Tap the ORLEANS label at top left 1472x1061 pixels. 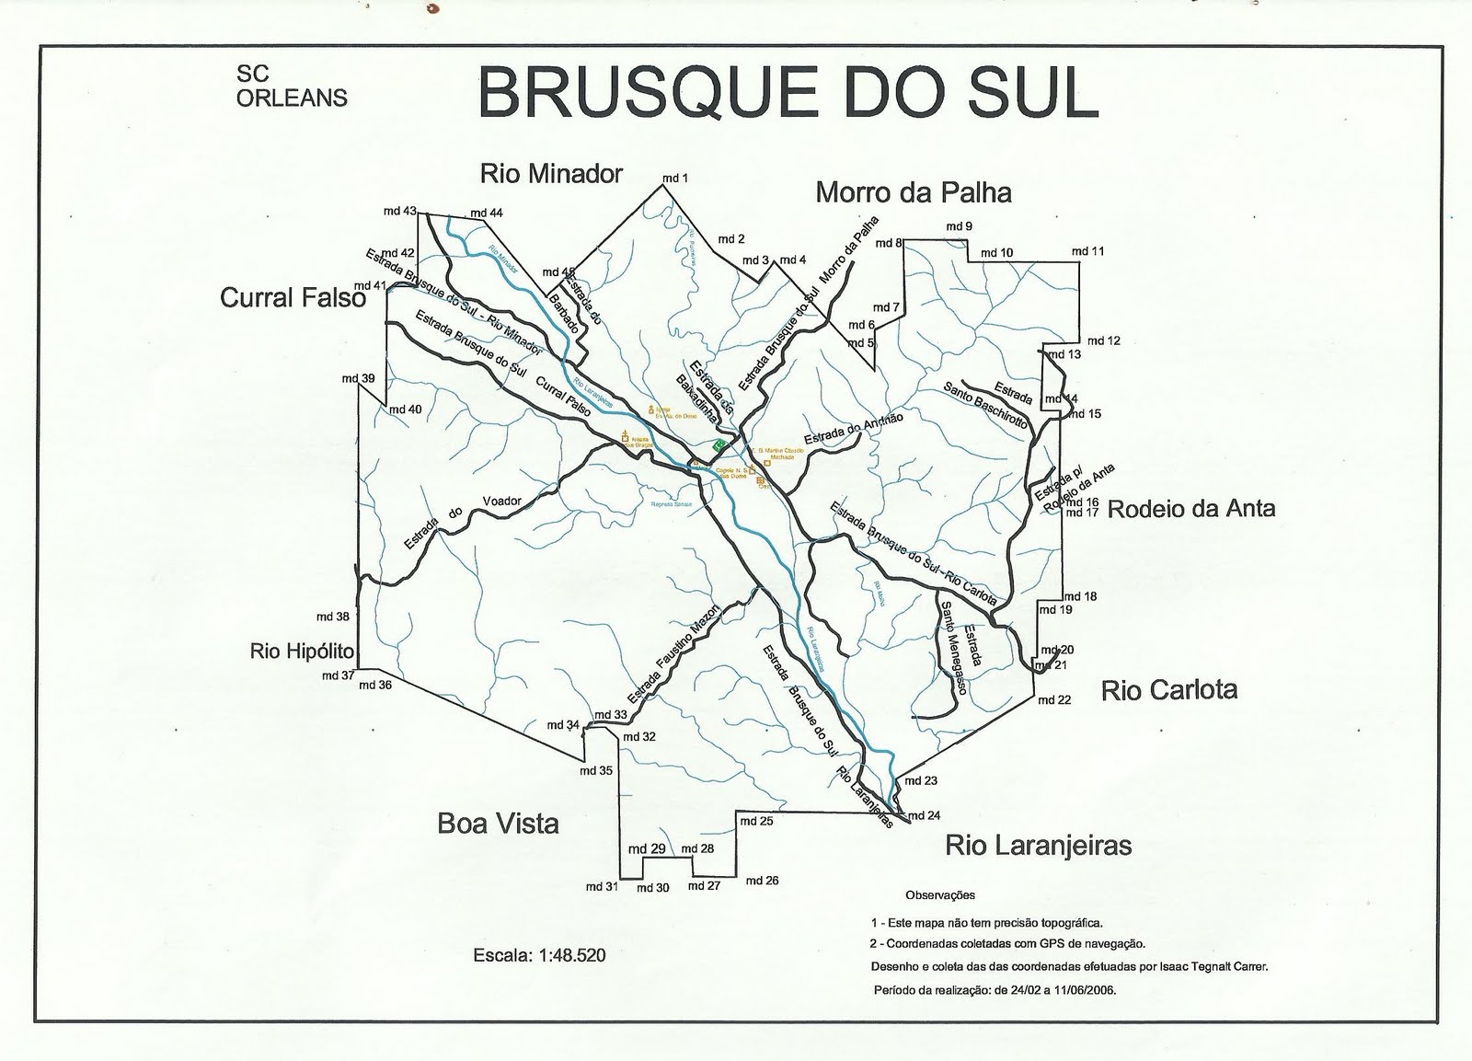[x=292, y=97]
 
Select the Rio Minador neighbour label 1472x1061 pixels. [x=551, y=173]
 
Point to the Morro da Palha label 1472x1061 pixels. [x=913, y=192]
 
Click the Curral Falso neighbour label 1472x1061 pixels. [x=293, y=297]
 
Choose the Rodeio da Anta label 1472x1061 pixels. [x=1191, y=509]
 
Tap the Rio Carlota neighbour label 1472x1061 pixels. [x=1169, y=690]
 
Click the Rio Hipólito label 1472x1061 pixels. [x=302, y=652]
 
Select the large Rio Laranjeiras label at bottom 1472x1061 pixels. [x=1039, y=846]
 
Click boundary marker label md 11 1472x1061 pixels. [x=1087, y=251]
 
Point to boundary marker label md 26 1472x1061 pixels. [x=762, y=881]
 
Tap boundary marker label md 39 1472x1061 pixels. [x=358, y=378]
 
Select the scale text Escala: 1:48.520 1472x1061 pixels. [x=539, y=955]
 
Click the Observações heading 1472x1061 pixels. [x=940, y=894]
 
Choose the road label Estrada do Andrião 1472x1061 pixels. [x=853, y=428]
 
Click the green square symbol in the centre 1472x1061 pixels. [x=719, y=444]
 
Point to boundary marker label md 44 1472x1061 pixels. [x=487, y=213]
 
